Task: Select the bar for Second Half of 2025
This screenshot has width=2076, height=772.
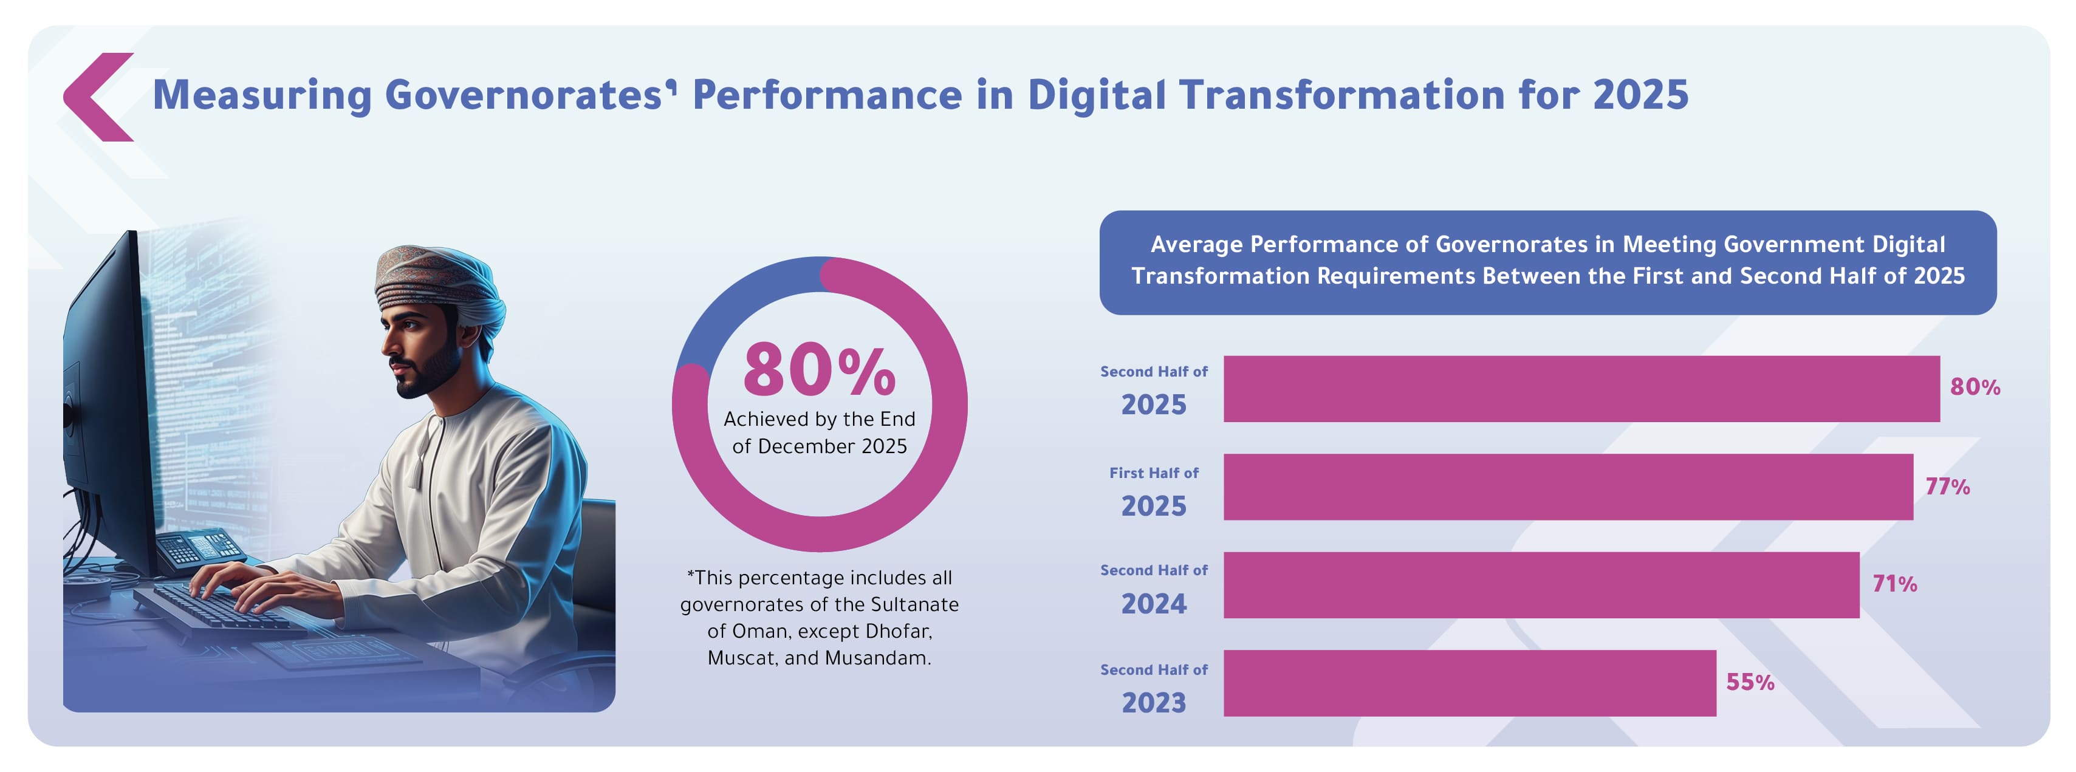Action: pos(1581,389)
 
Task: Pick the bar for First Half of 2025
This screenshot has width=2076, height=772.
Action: pos(1568,487)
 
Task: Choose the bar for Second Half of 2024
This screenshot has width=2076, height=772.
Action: pos(1541,585)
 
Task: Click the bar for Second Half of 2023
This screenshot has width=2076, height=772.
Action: pos(1470,683)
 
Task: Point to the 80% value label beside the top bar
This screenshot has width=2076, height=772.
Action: pos(1975,387)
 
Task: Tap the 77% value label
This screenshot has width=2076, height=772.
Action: pos(1948,487)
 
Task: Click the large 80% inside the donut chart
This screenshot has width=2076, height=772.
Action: pos(819,370)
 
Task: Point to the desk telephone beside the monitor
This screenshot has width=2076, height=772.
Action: pos(199,550)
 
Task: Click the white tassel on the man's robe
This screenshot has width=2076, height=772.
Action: pos(416,471)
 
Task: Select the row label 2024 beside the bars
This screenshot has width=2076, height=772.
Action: pos(1154,604)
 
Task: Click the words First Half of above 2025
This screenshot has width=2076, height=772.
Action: pos(1154,473)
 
